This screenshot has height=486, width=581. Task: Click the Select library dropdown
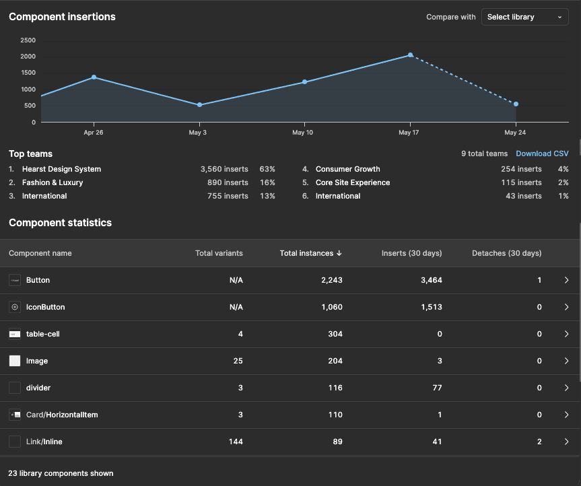tap(524, 17)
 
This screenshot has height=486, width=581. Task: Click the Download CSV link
tap(542, 154)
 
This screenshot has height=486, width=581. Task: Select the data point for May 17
tap(410, 55)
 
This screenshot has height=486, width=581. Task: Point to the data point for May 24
tap(516, 104)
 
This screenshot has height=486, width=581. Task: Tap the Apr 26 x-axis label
tap(93, 133)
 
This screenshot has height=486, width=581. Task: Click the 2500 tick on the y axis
tap(28, 40)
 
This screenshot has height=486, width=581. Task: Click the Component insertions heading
tap(62, 17)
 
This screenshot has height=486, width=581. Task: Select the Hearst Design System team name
tap(61, 169)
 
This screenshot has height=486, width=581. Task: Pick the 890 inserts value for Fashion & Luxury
tap(228, 182)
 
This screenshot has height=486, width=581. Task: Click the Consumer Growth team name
tap(347, 169)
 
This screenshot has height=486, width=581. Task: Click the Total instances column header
tap(310, 253)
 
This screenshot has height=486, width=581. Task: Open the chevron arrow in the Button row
tap(566, 280)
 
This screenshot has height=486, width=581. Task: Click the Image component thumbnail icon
tap(15, 361)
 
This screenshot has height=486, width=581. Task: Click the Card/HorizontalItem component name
tap(62, 415)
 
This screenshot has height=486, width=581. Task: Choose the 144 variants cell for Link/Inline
tap(235, 442)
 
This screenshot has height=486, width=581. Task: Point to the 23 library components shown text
tap(61, 473)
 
